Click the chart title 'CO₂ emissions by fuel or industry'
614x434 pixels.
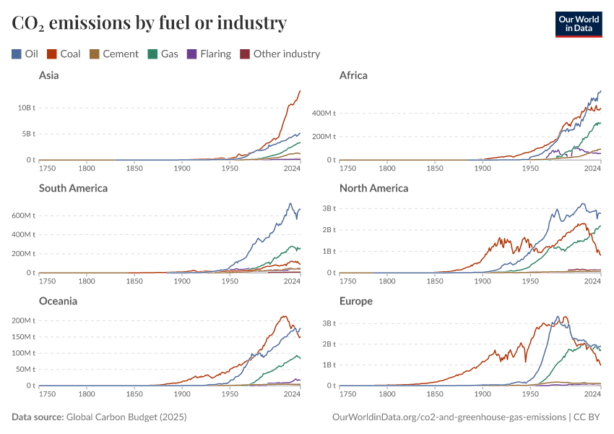coord(150,23)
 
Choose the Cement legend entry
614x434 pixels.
coord(114,54)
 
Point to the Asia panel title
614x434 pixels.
coord(49,75)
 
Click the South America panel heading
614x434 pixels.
coord(73,188)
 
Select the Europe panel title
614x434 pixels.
coord(356,301)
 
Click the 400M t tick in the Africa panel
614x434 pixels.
coord(325,114)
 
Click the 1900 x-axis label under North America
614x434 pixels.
coord(483,281)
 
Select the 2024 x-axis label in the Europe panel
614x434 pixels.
coord(592,394)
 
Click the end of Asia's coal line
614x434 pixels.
coord(300,90)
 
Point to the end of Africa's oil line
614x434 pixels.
coord(601,91)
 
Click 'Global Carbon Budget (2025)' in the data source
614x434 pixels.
coord(126,417)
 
